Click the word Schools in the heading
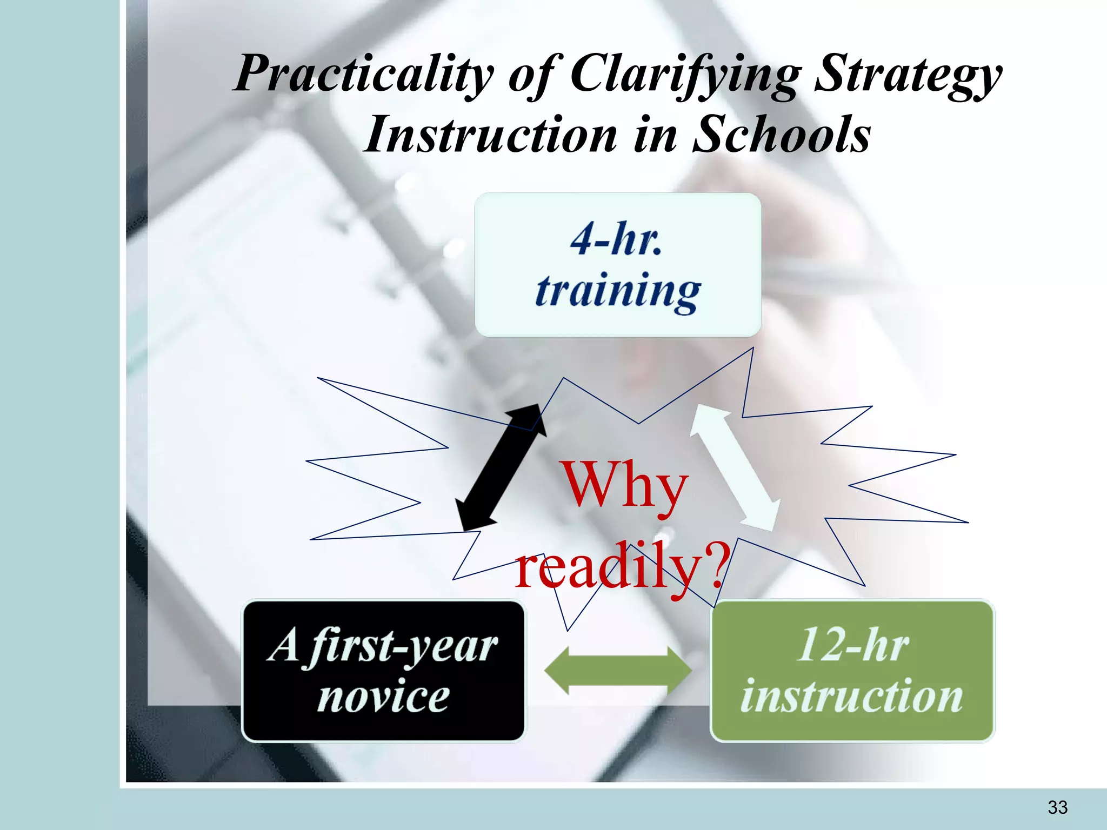[781, 135]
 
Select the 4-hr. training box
[618, 265]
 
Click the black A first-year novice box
[383, 671]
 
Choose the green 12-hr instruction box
[852, 671]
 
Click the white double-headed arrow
[736, 467]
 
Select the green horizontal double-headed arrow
[618, 671]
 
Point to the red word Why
[625, 485]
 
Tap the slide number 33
[1057, 807]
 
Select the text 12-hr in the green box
[853, 645]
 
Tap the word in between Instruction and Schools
[655, 135]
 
